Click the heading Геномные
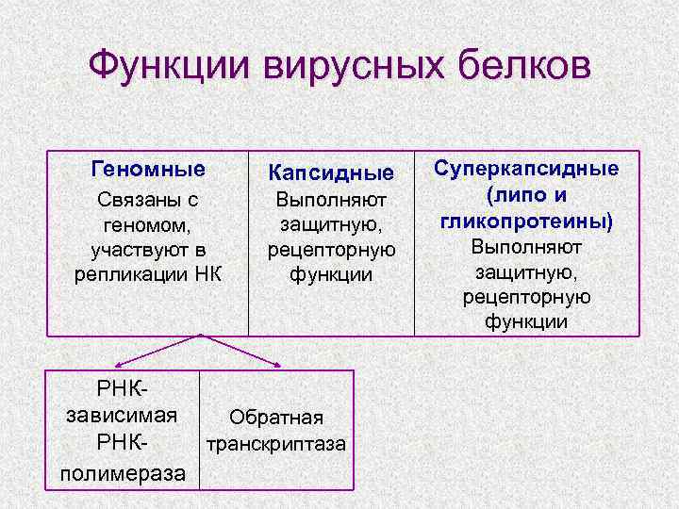[148, 170]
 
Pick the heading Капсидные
[331, 173]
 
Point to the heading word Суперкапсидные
[527, 169]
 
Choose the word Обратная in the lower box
[276, 418]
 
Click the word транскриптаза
[276, 443]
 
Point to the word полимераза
[123, 471]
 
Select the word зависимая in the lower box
[123, 414]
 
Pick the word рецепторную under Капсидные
[331, 250]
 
